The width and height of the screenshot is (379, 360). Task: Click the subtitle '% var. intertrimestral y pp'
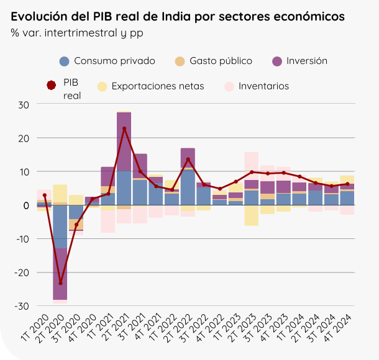click(76, 32)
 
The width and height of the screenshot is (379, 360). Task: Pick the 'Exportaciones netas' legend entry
click(157, 86)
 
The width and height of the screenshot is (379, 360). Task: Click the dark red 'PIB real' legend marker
click(52, 86)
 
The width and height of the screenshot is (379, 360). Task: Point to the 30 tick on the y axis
click(24, 104)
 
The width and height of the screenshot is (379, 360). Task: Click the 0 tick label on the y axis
click(26, 205)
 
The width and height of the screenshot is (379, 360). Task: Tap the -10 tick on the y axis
click(22, 239)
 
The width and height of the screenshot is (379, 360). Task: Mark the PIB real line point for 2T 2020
click(60, 283)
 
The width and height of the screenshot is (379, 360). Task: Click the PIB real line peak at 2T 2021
click(124, 128)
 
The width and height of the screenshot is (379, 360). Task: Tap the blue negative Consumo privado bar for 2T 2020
click(60, 227)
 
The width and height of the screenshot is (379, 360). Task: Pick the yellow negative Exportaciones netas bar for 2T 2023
click(252, 215)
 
